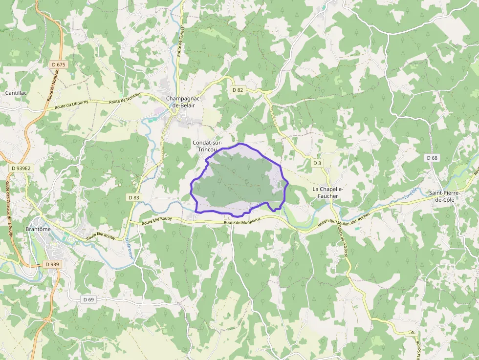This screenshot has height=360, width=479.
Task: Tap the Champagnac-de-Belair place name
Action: [x=184, y=102]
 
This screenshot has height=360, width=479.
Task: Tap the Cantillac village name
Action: [x=16, y=92]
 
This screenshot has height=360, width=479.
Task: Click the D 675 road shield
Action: [x=58, y=64]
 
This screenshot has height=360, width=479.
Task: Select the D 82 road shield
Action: [x=238, y=90]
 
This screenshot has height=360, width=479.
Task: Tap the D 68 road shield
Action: [x=432, y=158]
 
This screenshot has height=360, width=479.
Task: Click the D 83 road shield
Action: [x=133, y=197]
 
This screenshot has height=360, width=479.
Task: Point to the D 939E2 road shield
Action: [x=21, y=168]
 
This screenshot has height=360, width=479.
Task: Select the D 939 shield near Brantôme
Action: [x=52, y=264]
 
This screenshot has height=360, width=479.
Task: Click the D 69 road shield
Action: [x=88, y=299]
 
